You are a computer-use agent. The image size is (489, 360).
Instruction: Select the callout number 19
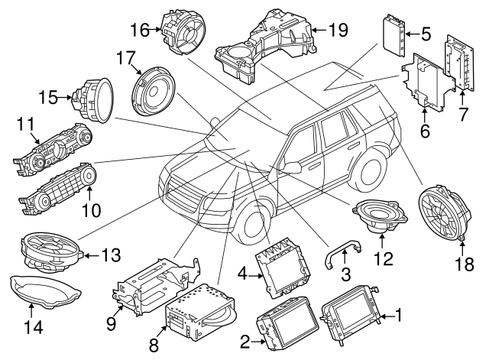pyautogui.click(x=337, y=30)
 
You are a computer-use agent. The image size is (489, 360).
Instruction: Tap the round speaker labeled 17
pyautogui.click(x=152, y=92)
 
